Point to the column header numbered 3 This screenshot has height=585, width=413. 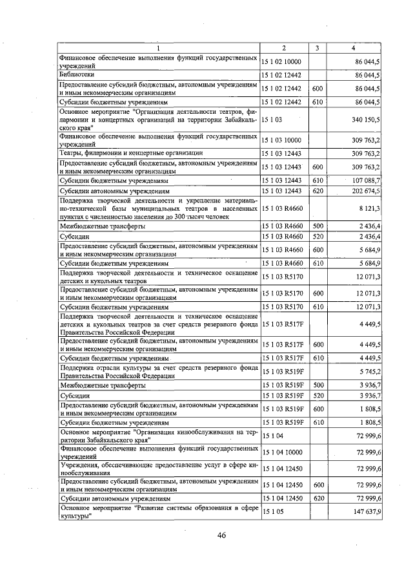click(x=317, y=48)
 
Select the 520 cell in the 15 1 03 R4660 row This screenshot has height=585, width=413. click(x=317, y=238)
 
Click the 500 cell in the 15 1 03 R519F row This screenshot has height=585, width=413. click(x=317, y=385)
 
